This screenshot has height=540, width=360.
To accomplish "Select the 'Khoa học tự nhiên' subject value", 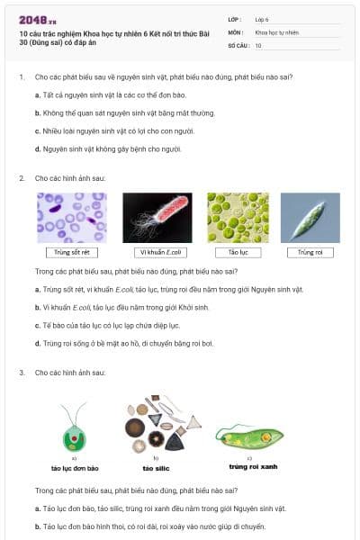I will coord(274,31).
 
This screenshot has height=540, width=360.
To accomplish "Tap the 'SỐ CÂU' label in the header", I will coord(238,44).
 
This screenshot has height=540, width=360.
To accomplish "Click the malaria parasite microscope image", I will coord(72,217).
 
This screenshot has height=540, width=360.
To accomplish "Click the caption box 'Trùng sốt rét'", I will coord(72,253).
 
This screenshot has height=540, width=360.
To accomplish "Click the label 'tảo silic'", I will coord(154,469).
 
